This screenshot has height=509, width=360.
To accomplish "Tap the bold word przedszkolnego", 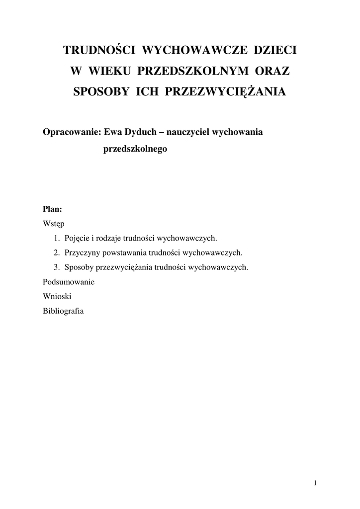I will pyautogui.click(x=135, y=149).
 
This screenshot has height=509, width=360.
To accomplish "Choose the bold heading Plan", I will pyautogui.click(x=52, y=209).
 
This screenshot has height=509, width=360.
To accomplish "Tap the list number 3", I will pyautogui.click(x=57, y=267).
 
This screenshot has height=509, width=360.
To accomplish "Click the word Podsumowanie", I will pyautogui.click(x=69, y=282).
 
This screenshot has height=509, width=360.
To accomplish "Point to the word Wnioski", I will pyautogui.click(x=58, y=296).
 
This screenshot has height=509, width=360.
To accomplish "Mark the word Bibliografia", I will pyautogui.click(x=64, y=311).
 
